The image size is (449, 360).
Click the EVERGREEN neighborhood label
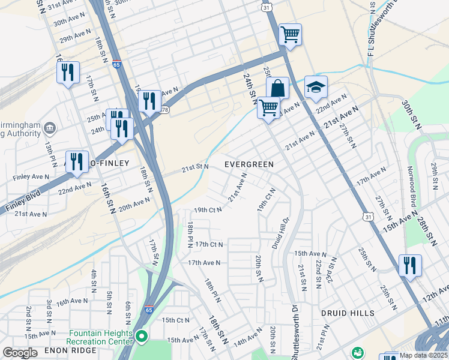(249, 164)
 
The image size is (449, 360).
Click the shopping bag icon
(278, 89)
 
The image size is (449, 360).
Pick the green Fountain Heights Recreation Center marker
(142, 337)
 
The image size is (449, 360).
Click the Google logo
(20, 353)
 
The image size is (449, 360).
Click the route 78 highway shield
(164, 109)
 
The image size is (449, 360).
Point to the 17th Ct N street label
(208, 244)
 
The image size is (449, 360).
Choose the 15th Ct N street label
(175, 320)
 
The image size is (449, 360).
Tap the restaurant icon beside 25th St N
(410, 265)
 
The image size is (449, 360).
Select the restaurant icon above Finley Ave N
(77, 161)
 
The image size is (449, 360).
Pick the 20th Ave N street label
(133, 206)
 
